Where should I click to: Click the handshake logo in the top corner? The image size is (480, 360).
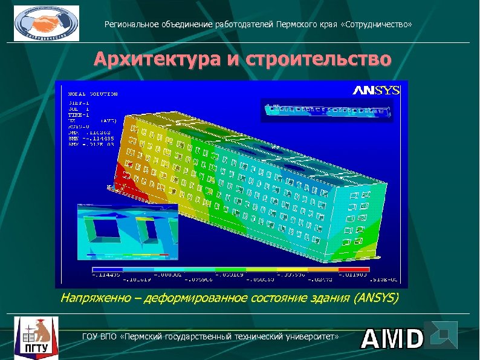[47, 24]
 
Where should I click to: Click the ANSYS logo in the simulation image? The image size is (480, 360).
[376, 91]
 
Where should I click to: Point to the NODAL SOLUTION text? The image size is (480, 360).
[92, 94]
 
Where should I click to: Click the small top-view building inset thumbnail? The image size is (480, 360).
[326, 111]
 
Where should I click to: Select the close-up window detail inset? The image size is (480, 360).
[128, 232]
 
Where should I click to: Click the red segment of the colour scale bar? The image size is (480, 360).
[354, 269]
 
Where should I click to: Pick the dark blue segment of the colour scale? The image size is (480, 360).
[107, 269]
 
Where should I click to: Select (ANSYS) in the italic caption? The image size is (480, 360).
[377, 298]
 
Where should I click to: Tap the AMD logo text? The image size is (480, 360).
[392, 339]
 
